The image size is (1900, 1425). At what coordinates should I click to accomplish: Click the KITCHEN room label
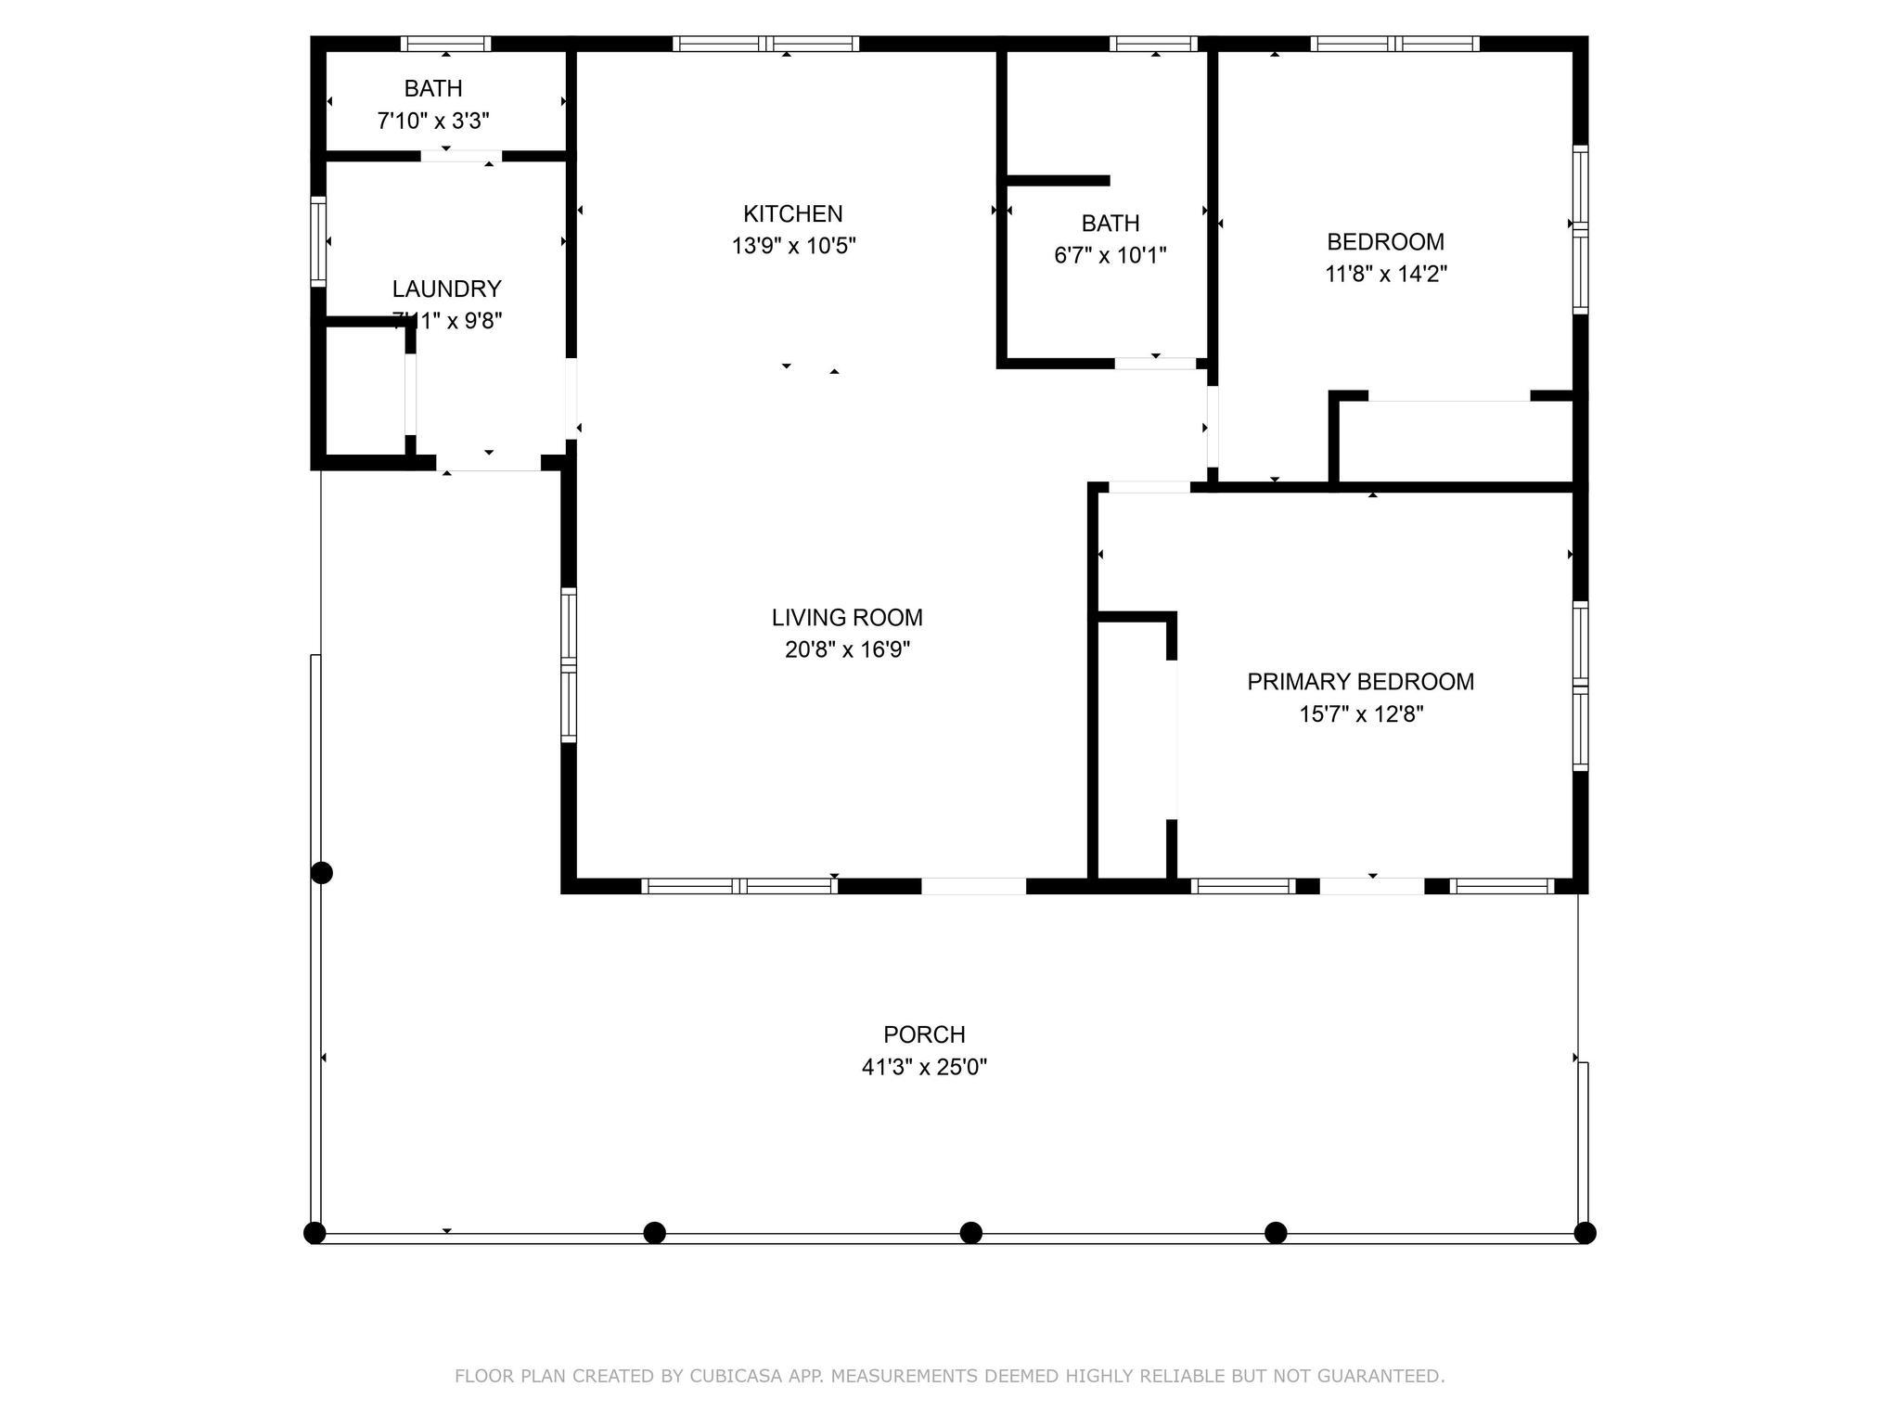click(792, 213)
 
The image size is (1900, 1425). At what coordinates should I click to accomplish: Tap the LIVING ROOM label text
click(847, 617)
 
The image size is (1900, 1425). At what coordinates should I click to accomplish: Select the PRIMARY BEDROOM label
click(1360, 682)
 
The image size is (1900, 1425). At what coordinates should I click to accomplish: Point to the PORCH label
click(924, 1034)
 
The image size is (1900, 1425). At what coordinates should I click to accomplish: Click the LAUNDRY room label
click(446, 289)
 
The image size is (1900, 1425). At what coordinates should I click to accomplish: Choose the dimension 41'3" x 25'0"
click(924, 1067)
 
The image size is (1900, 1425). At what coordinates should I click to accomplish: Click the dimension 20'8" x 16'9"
click(847, 649)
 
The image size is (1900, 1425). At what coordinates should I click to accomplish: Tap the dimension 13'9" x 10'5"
click(793, 246)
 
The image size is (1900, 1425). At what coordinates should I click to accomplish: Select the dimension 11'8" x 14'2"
click(1386, 274)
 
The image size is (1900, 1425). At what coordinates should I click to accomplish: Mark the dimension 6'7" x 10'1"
click(1110, 255)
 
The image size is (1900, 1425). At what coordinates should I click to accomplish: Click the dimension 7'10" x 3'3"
click(433, 121)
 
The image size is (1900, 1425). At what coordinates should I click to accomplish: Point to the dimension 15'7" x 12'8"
click(1361, 714)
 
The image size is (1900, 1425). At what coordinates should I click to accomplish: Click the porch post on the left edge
click(321, 873)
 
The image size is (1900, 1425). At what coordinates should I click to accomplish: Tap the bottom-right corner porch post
click(1585, 1233)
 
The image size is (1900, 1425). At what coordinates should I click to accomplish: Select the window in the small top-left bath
click(445, 44)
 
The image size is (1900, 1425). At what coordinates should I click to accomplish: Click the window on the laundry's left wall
click(318, 241)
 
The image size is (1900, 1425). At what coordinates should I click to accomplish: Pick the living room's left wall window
click(569, 665)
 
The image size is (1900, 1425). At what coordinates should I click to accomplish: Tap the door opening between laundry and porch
click(489, 463)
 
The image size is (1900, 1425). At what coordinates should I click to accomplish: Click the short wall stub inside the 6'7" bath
click(1059, 180)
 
